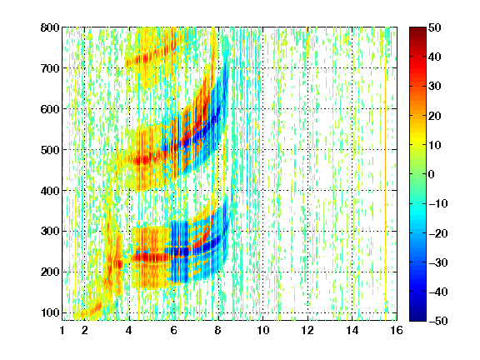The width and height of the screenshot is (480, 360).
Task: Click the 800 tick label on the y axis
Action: coord(50,27)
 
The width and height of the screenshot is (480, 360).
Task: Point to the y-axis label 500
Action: coord(50,150)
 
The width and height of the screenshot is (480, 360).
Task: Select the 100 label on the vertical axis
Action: coord(50,313)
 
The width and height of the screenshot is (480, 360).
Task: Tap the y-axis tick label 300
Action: coord(50,232)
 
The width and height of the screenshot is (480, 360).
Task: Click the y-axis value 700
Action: coord(50,68)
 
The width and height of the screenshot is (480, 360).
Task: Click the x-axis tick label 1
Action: coord(62,331)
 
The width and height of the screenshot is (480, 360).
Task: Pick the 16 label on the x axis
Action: coord(397,331)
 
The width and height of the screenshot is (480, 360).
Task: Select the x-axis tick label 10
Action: coord(263,331)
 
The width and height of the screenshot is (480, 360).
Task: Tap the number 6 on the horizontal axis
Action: coord(173,331)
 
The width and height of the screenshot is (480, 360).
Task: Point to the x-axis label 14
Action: coord(352,331)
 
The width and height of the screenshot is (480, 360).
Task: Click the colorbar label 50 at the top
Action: coord(434,27)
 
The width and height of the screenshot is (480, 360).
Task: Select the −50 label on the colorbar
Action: coord(438,321)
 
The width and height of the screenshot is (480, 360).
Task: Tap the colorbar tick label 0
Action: coord(432,174)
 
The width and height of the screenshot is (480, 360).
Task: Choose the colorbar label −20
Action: coord(438,233)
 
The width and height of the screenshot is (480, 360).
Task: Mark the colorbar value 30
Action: coord(434,87)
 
